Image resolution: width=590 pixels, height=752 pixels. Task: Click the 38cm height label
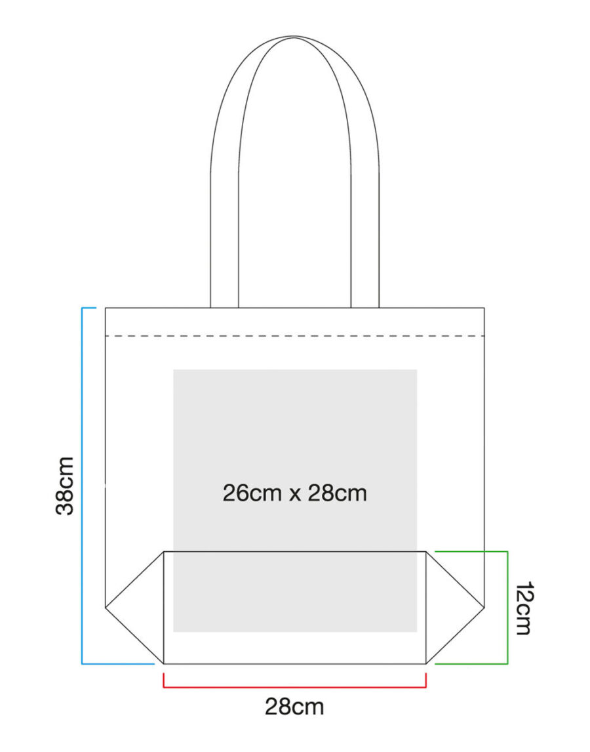[65, 486]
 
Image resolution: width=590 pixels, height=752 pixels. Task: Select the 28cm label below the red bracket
[294, 707]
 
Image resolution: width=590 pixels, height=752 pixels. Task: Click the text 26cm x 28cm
[295, 493]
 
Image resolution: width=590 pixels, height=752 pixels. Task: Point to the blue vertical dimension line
[83, 486]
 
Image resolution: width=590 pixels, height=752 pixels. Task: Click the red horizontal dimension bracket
[295, 687]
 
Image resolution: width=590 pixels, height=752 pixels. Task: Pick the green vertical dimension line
[507, 608]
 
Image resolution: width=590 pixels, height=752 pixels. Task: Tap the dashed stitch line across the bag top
[295, 336]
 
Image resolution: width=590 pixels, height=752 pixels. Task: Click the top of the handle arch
[294, 37]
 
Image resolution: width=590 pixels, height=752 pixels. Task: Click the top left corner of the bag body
[106, 308]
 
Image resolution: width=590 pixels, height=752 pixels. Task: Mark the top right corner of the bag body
[484, 308]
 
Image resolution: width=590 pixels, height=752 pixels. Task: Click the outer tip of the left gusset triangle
[106, 608]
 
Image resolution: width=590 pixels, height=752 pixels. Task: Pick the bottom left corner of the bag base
[164, 664]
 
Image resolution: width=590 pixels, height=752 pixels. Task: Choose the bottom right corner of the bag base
[426, 664]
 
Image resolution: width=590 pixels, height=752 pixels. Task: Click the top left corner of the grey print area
[174, 369]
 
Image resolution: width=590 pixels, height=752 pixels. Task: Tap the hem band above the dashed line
[295, 322]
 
